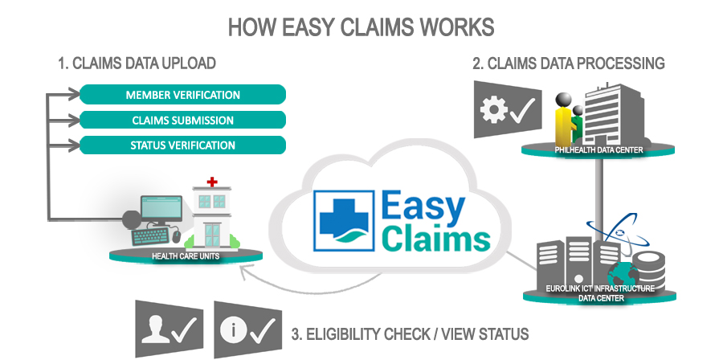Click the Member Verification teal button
coord(182,95)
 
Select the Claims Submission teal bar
coord(182,121)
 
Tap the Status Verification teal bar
coord(182,145)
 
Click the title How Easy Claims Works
coord(361,27)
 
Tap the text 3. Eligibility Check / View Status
coord(409,333)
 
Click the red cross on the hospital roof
coord(212,182)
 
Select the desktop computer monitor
coord(161,211)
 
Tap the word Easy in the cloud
coord(423,207)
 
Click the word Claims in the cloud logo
coord(435,239)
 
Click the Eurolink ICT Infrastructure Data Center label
coord(598,292)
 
